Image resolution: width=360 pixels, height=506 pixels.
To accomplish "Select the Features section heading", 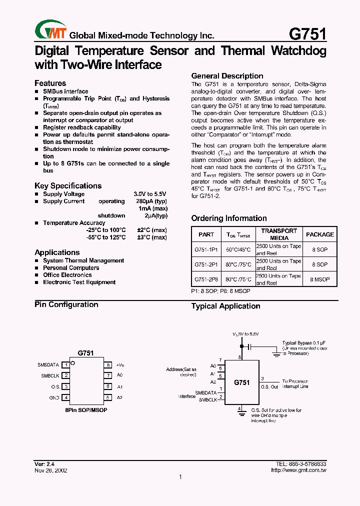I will (50, 83).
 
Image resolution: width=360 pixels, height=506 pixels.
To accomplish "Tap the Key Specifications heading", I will (68, 185).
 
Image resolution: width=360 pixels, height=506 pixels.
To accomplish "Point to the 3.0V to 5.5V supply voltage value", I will (149, 194).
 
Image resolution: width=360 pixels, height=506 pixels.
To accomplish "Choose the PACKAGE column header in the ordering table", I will (320, 234).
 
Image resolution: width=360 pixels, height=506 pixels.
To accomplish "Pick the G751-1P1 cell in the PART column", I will (206, 249).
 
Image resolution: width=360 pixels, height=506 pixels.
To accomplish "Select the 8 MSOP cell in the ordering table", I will (320, 279).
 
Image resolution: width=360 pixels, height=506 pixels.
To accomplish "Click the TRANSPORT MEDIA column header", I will (279, 234).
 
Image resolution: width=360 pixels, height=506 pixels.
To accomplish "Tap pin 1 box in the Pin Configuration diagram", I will (66, 365).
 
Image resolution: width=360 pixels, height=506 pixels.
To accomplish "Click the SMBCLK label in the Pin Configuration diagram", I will (50, 375).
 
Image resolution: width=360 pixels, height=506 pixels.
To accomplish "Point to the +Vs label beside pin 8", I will (120, 365).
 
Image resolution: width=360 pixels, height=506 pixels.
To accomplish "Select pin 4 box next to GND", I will (66, 397).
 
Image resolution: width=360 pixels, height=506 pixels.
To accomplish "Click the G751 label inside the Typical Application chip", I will (241, 382).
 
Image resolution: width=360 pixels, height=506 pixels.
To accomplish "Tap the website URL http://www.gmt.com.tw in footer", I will (298, 470).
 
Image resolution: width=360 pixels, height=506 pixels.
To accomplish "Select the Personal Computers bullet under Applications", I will (71, 268).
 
